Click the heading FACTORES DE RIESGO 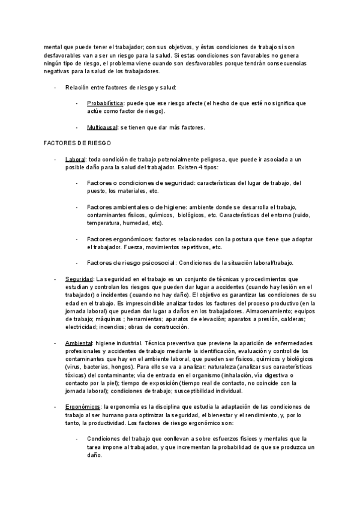pos(76,145)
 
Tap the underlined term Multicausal pos(103,128)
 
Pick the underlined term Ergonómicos pos(83,406)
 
